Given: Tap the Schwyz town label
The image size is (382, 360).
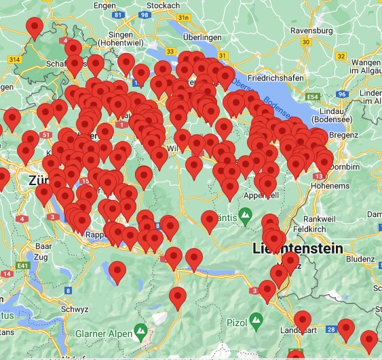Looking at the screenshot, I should (x=75, y=308).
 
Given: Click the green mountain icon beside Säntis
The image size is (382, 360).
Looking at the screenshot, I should (x=246, y=216).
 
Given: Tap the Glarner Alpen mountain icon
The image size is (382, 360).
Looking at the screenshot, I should (x=140, y=332).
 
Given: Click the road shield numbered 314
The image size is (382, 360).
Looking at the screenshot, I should (x=14, y=60).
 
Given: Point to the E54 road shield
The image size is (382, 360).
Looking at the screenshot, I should (x=312, y=98).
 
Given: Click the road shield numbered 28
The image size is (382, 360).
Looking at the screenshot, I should (x=330, y=329).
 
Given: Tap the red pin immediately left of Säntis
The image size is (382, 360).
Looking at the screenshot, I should (x=210, y=219).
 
